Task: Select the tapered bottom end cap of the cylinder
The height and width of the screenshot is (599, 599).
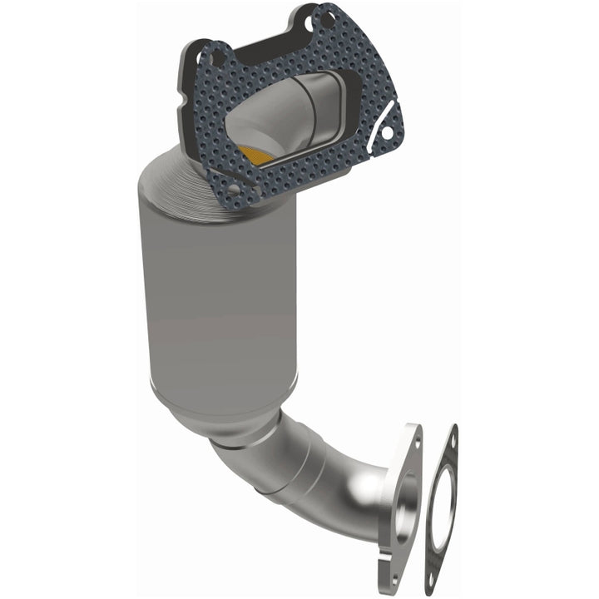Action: click(x=225, y=416)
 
